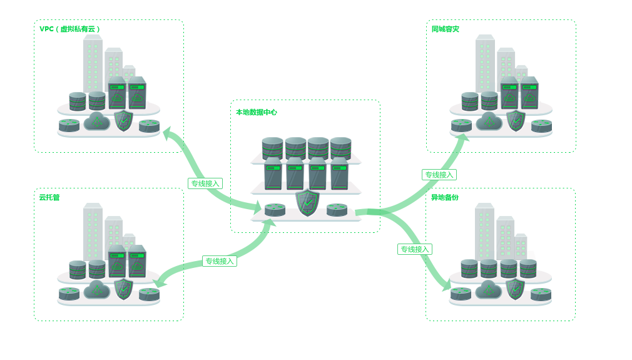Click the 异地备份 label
pyautogui.click(x=444, y=198)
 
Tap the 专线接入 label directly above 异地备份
pyautogui.click(x=439, y=175)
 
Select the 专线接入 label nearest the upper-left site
pyautogui.click(x=205, y=183)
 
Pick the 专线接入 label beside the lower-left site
pyautogui.click(x=219, y=261)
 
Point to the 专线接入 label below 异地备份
pyautogui.click(x=415, y=249)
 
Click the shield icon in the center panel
pyautogui.click(x=307, y=202)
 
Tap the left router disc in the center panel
pyautogui.click(x=275, y=209)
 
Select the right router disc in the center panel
pyautogui.click(x=337, y=209)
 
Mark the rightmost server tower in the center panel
pyautogui.click(x=339, y=173)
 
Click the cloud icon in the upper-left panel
pyautogui.click(x=96, y=121)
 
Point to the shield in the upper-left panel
pyautogui.click(x=124, y=120)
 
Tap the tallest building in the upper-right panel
pyautogui.click(x=484, y=63)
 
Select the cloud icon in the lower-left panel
pyautogui.click(x=97, y=289)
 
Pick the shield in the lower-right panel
pyautogui.click(x=515, y=289)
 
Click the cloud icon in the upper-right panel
pyautogui.click(x=489, y=121)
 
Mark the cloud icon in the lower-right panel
pyautogui.click(x=489, y=289)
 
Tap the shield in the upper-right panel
pyautogui.click(x=516, y=120)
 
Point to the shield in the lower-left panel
pyautogui.click(x=124, y=288)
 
